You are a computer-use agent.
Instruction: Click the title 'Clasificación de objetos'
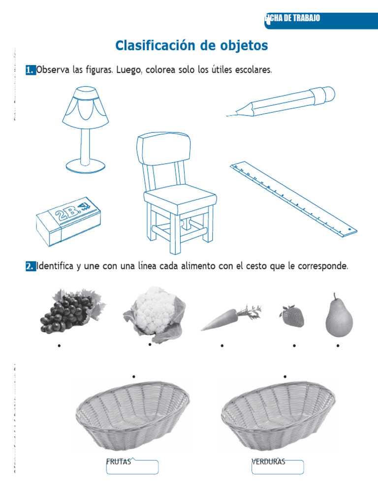(x=191, y=46)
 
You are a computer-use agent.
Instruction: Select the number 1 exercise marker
(x=31, y=70)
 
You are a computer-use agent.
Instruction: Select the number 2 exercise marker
(x=31, y=266)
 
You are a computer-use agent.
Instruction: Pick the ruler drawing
(x=294, y=197)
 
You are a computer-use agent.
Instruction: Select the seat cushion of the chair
(x=181, y=197)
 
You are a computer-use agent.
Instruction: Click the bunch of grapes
(x=69, y=312)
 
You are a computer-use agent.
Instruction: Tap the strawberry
(x=292, y=316)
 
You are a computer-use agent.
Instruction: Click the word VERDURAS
(x=268, y=462)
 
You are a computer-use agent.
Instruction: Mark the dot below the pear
(x=338, y=346)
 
